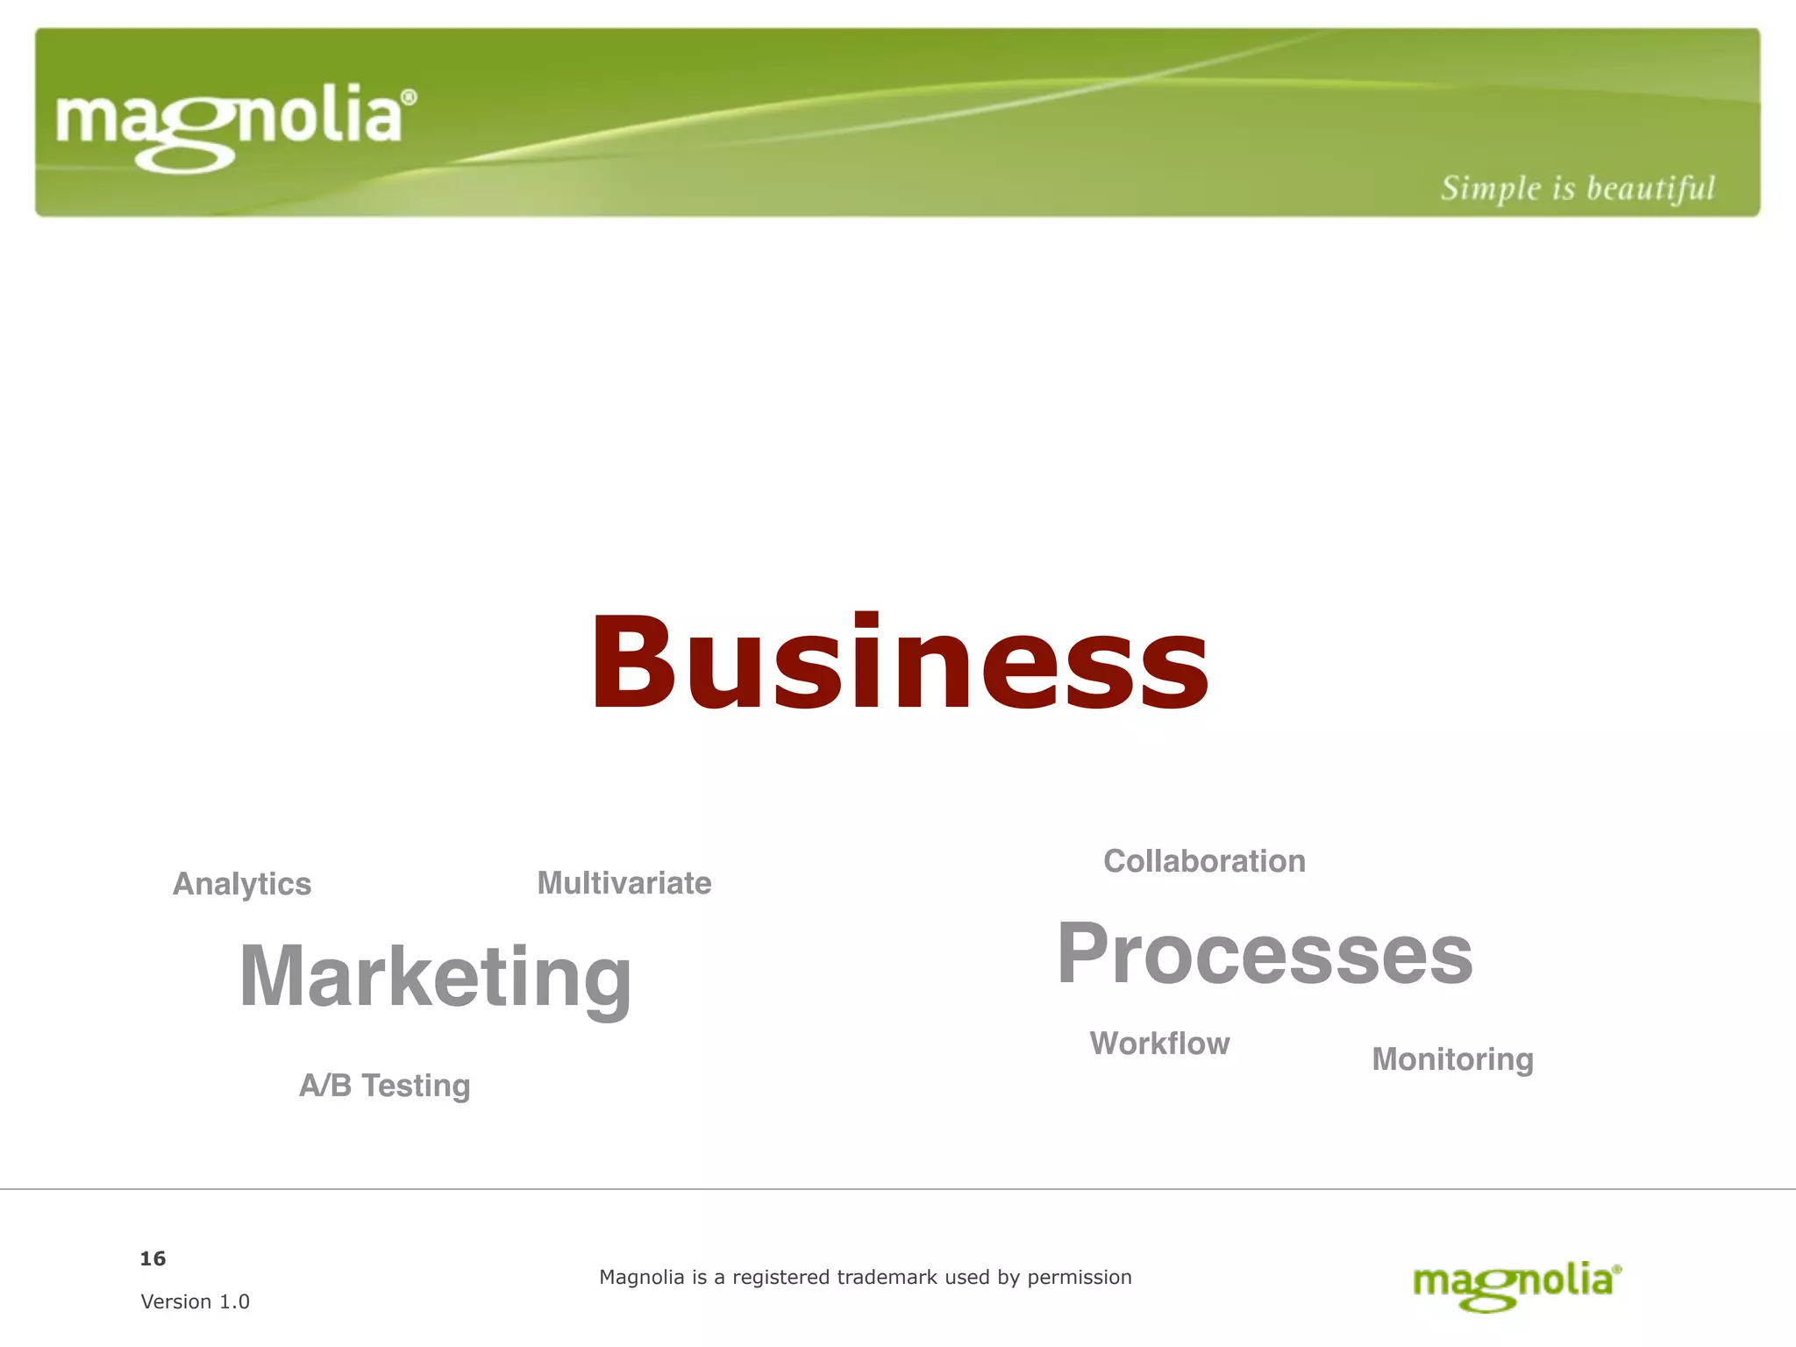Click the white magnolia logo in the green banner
[x=230, y=125]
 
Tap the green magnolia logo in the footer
[x=1515, y=1285]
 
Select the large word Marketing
[x=435, y=977]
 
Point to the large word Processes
[x=1265, y=955]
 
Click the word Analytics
[x=242, y=884]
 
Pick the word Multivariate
[x=624, y=883]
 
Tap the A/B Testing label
[x=384, y=1086]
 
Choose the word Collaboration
[x=1204, y=861]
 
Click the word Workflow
[x=1159, y=1044]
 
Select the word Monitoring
[x=1452, y=1059]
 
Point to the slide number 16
[x=153, y=1258]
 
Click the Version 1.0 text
[x=195, y=1301]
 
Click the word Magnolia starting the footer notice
[x=641, y=1277]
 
